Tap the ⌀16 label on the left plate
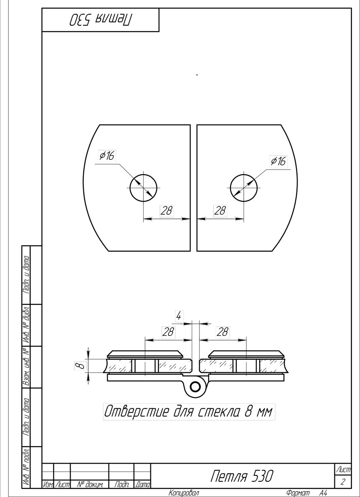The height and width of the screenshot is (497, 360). [107, 156]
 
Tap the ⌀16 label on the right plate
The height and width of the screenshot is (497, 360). [278, 161]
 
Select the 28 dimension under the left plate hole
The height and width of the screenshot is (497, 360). [166, 211]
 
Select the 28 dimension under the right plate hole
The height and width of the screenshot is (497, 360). [220, 211]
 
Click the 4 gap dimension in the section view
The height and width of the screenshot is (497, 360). [179, 316]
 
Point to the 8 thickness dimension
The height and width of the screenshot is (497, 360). [81, 366]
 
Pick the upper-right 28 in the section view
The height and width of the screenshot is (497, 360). [222, 332]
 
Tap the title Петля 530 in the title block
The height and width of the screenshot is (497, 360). [242, 476]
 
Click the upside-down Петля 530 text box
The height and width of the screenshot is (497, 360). [100, 20]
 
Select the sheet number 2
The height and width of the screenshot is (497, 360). [343, 482]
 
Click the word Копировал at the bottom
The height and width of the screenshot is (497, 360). [184, 493]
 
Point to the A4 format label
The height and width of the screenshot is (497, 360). [323, 493]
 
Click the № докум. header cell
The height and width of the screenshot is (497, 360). [90, 484]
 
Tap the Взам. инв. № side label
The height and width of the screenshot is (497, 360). [26, 367]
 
